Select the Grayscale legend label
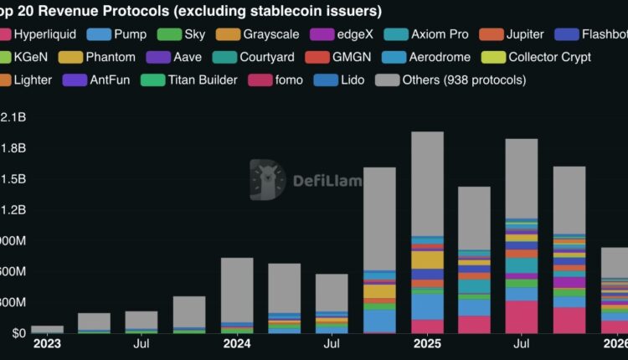point(269,34)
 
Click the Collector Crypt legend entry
point(549,57)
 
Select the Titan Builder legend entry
point(202,80)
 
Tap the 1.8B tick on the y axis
point(13,147)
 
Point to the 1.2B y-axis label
point(13,209)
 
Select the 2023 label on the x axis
point(47,343)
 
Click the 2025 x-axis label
point(427,343)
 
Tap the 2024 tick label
point(237,343)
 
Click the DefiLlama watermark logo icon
point(267,179)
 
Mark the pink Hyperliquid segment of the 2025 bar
point(427,326)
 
